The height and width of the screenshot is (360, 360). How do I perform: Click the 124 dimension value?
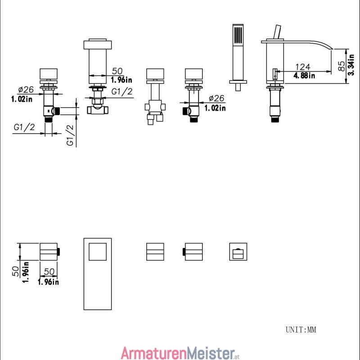[x=302, y=67]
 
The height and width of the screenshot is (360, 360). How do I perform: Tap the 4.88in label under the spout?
[x=304, y=75]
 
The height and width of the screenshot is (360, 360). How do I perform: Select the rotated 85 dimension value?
[x=342, y=66]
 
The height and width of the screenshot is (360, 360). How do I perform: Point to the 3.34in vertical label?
[x=351, y=64]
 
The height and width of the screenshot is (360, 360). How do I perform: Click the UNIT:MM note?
[x=301, y=330]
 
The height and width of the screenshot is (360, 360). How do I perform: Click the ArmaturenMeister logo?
[x=180, y=353]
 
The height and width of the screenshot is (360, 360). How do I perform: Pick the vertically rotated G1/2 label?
[x=70, y=135]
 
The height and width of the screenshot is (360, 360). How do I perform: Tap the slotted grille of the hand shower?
[x=238, y=35]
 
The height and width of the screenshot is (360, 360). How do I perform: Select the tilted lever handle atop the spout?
[x=277, y=32]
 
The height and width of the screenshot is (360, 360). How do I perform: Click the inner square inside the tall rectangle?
[x=98, y=252]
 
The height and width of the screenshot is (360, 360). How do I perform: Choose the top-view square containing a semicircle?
[x=238, y=252]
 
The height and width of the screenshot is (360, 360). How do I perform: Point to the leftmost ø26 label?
[x=26, y=89]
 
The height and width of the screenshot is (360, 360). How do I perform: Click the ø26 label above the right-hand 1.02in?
[x=216, y=98]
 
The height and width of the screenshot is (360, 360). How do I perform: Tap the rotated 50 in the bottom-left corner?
[x=16, y=271]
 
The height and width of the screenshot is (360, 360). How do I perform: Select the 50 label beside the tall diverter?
[x=117, y=71]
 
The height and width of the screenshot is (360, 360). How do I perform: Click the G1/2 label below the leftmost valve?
[x=24, y=127]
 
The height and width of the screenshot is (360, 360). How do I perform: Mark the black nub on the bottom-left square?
[x=58, y=252]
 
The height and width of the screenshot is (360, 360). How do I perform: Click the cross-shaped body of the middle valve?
[x=155, y=107]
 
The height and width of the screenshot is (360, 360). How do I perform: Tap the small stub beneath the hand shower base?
[x=238, y=87]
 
